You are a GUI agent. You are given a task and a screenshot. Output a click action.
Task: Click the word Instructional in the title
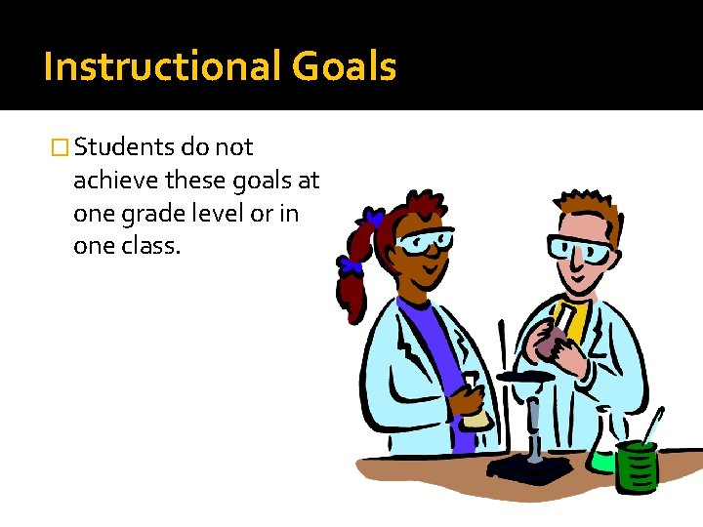click(x=163, y=67)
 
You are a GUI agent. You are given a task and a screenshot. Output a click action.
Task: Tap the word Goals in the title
click(x=344, y=67)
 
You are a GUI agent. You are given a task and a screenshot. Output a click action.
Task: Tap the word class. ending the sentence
click(x=152, y=247)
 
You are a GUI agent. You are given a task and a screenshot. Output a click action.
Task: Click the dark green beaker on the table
click(x=638, y=466)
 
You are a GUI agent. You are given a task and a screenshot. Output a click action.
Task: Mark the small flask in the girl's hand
click(x=474, y=405)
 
